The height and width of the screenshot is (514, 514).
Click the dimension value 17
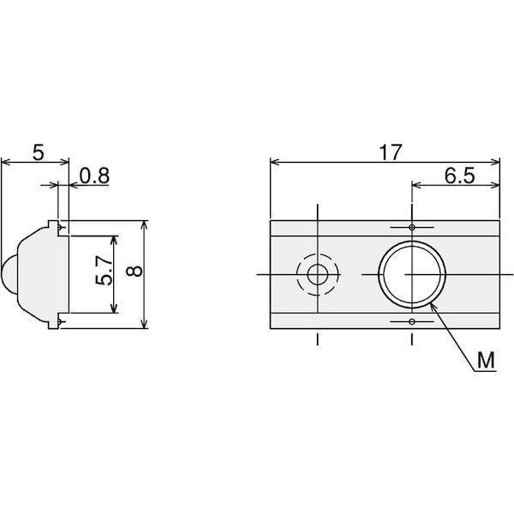pyautogui.click(x=390, y=152)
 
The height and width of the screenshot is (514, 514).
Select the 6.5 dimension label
pyautogui.click(x=459, y=176)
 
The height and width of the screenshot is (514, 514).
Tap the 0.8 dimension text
pyautogui.click(x=94, y=176)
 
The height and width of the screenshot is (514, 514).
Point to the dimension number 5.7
pyautogui.click(x=104, y=271)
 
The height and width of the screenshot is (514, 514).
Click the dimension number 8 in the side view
pyautogui.click(x=134, y=271)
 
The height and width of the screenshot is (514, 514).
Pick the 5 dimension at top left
pyautogui.click(x=38, y=152)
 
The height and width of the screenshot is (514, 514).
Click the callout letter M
pyautogui.click(x=486, y=361)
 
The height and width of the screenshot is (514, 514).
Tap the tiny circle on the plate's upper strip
pyautogui.click(x=412, y=227)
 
